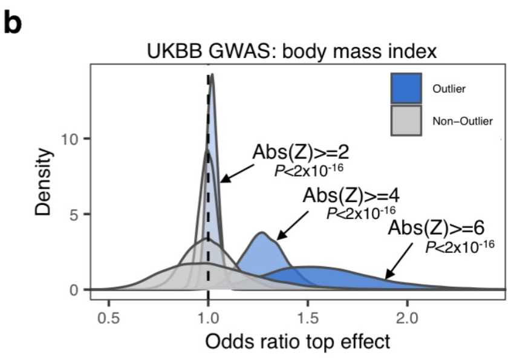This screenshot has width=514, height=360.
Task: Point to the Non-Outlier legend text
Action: point(463,121)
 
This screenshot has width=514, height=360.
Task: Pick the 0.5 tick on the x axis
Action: point(109,316)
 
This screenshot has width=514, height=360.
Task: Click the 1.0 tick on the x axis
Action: point(209,316)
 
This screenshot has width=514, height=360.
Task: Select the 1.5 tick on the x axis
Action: point(308,316)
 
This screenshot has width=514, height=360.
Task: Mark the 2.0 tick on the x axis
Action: point(407,316)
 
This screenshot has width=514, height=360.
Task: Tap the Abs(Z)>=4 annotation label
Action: point(343,197)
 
